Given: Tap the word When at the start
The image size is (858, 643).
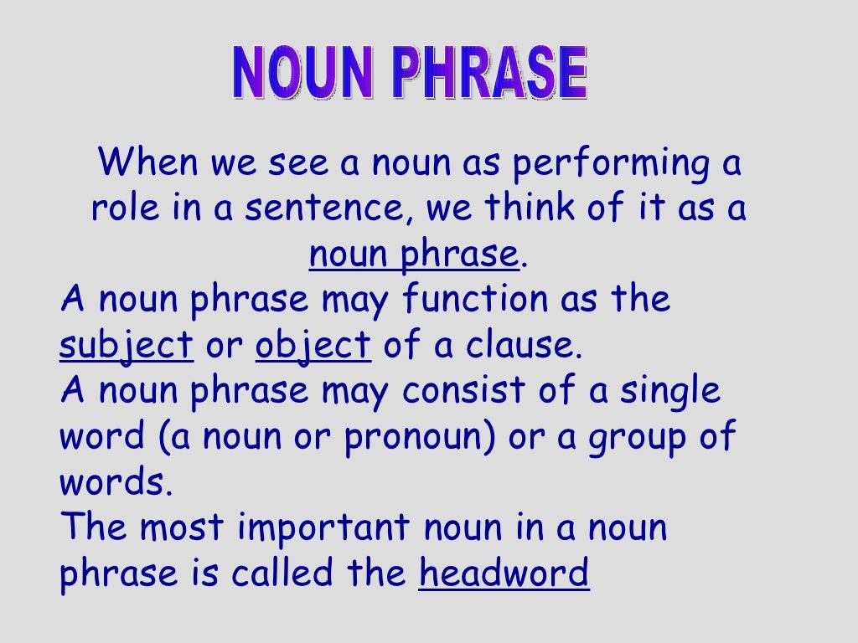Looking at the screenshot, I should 149,163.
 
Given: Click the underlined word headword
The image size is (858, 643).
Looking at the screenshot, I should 504,574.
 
